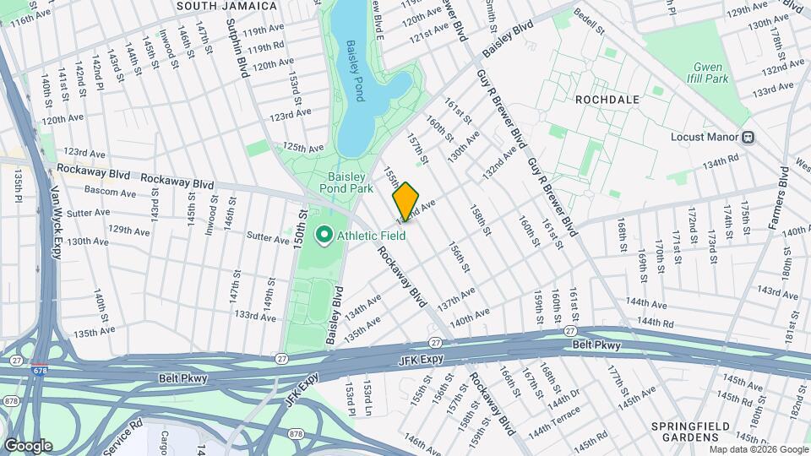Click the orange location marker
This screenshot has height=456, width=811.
pos(405,201)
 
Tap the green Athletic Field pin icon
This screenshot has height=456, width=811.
pos(323,236)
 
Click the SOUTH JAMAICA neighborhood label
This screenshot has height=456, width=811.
pos(226,6)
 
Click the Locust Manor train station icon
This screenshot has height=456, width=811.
pos(748,137)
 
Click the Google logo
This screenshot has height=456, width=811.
pos(28,445)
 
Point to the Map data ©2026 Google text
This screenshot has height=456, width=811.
pos(759,449)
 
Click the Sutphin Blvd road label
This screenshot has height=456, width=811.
pos(242,51)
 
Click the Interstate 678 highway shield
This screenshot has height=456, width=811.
pos(40,368)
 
